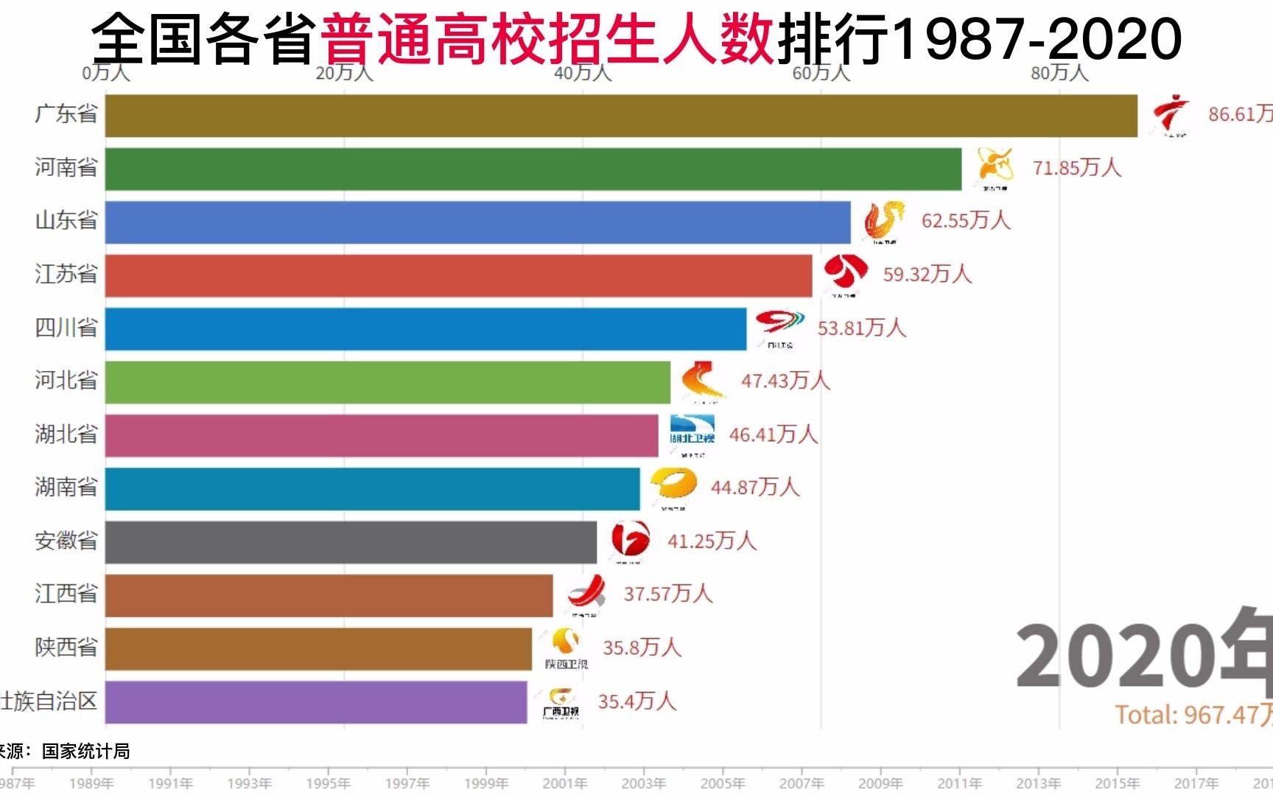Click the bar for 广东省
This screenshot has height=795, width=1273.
(621, 116)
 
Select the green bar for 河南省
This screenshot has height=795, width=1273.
(533, 169)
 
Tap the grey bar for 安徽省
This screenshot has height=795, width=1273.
(351, 543)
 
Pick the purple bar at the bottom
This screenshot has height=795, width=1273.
(316, 702)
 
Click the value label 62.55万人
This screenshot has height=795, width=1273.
(965, 221)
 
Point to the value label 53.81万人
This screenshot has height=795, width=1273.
(861, 328)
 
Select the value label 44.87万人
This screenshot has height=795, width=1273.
(754, 487)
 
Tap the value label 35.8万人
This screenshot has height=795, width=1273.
(642, 648)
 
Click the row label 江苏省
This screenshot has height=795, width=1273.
(66, 275)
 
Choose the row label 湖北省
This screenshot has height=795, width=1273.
(66, 434)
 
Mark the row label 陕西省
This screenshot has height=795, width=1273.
(66, 648)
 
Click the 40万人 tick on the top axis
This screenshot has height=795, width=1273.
(583, 73)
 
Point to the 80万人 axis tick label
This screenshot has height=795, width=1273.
(1059, 73)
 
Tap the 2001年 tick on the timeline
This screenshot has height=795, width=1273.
(565, 783)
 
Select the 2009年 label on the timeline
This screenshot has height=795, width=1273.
(880, 783)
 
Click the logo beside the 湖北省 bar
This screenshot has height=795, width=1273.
(692, 434)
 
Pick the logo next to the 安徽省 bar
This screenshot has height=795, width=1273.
(630, 541)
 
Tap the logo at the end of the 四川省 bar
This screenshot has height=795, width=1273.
(780, 327)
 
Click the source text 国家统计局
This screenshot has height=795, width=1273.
(85, 752)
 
